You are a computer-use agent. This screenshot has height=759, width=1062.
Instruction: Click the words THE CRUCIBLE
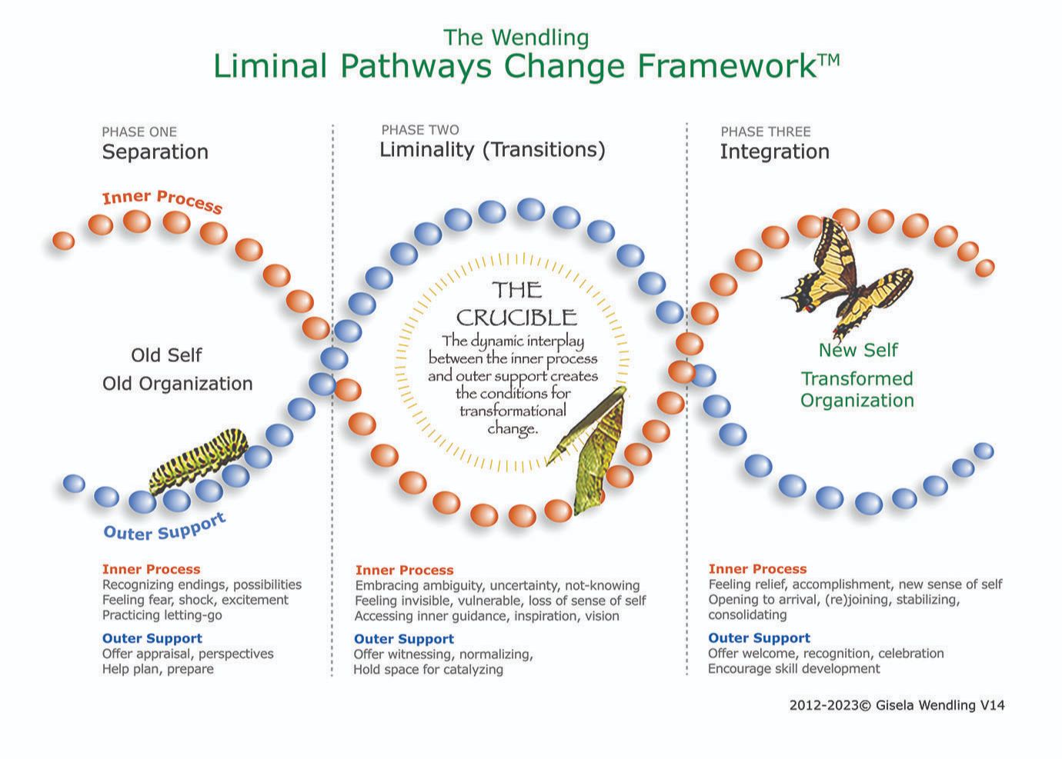pyautogui.click(x=517, y=304)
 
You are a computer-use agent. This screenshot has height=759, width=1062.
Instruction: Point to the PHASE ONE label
pyautogui.click(x=139, y=131)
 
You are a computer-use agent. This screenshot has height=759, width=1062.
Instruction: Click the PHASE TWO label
pyautogui.click(x=420, y=130)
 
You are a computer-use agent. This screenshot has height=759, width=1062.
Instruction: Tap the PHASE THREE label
pyautogui.click(x=766, y=131)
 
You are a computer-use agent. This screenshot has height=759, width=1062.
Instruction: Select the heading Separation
pyautogui.click(x=155, y=152)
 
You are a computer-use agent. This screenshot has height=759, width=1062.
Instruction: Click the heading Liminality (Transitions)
pyautogui.click(x=492, y=150)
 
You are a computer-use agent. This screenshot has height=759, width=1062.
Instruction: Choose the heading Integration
pyautogui.click(x=775, y=152)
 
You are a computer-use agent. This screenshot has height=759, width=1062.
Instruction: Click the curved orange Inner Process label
pyautogui.click(x=162, y=201)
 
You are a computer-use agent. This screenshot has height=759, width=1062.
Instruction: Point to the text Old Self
pyautogui.click(x=166, y=355)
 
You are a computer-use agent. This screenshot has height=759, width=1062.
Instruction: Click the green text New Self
pyautogui.click(x=858, y=350)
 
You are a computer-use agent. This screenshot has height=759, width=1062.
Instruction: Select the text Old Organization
pyautogui.click(x=177, y=384)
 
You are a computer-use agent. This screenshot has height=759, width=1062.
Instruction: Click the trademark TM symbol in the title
pyautogui.click(x=829, y=60)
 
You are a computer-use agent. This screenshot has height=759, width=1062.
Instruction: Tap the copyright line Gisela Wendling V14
pyautogui.click(x=897, y=705)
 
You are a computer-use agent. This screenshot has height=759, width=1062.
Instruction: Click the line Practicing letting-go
pyautogui.click(x=162, y=615)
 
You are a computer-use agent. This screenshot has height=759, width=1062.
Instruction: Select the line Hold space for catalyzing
pyautogui.click(x=428, y=670)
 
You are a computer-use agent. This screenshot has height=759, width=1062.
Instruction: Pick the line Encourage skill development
pyautogui.click(x=793, y=668)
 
